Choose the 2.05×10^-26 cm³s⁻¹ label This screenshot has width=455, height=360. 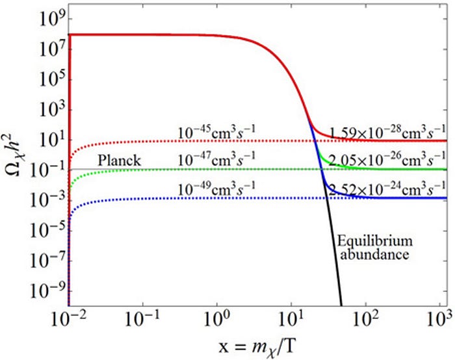click(x=388, y=160)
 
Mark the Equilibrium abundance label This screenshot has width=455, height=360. click(x=373, y=248)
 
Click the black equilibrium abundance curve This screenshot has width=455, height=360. click(x=333, y=260)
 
